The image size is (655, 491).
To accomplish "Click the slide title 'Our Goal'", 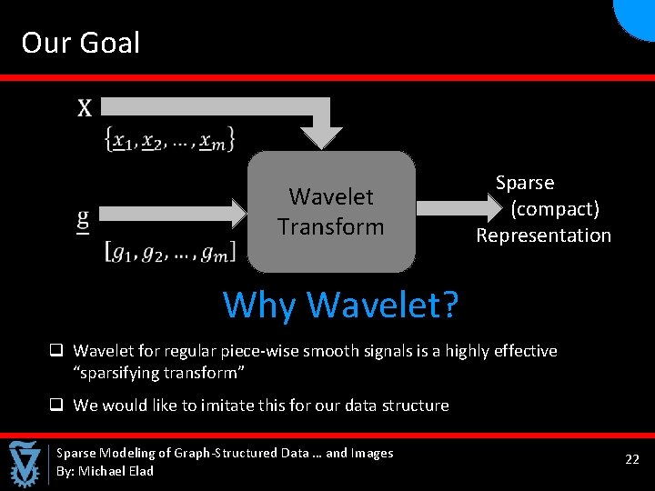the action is click(x=81, y=43).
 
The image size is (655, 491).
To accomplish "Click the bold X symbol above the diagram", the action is click(x=85, y=109).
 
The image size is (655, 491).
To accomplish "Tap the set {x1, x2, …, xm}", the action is click(x=171, y=139).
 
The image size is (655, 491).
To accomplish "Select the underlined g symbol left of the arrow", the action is click(x=83, y=218).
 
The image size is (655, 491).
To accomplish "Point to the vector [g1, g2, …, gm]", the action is click(x=170, y=250).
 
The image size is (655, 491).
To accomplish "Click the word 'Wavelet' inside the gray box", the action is click(x=331, y=196).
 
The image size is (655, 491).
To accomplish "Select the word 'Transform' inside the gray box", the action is click(x=331, y=226).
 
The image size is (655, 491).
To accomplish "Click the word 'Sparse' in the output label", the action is click(x=525, y=183).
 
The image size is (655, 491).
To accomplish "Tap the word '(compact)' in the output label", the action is click(x=555, y=209).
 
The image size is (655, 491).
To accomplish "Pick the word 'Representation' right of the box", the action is click(x=543, y=235).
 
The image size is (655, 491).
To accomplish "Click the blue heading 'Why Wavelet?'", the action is click(x=340, y=305).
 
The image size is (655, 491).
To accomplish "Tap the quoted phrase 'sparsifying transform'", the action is click(x=160, y=374).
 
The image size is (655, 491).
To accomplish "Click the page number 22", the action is click(x=632, y=460).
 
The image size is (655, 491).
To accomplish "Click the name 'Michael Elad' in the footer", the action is click(x=116, y=471).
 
